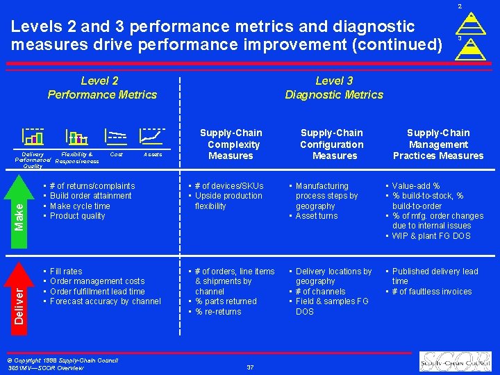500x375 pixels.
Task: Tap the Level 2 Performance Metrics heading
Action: tap(102, 87)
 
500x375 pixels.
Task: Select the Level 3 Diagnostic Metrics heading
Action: tap(334, 87)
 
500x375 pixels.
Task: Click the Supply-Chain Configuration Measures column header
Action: tap(332, 144)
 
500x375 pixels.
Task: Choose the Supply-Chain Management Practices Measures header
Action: tap(438, 144)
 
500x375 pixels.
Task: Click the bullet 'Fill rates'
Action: tap(66, 272)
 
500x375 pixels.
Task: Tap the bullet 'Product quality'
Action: tap(78, 216)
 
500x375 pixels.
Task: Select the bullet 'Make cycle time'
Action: tap(80, 206)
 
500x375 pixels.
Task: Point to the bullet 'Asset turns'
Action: tap(317, 216)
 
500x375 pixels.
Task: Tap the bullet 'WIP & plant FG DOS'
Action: tap(431, 236)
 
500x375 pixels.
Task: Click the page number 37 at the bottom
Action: tap(250, 367)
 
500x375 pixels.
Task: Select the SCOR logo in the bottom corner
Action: tap(456, 361)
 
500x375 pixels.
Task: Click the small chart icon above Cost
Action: tap(116, 137)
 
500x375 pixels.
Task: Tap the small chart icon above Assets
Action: tap(152, 137)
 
